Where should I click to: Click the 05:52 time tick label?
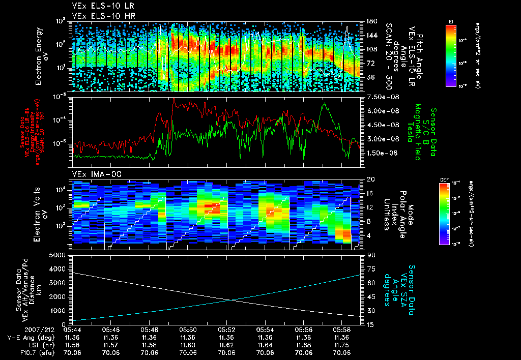[x=226, y=329]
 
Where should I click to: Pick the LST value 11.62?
[x=226, y=344]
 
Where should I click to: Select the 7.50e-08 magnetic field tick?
[x=380, y=97]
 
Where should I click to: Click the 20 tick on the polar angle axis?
[x=369, y=179]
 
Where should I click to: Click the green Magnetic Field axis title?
[x=418, y=132]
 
